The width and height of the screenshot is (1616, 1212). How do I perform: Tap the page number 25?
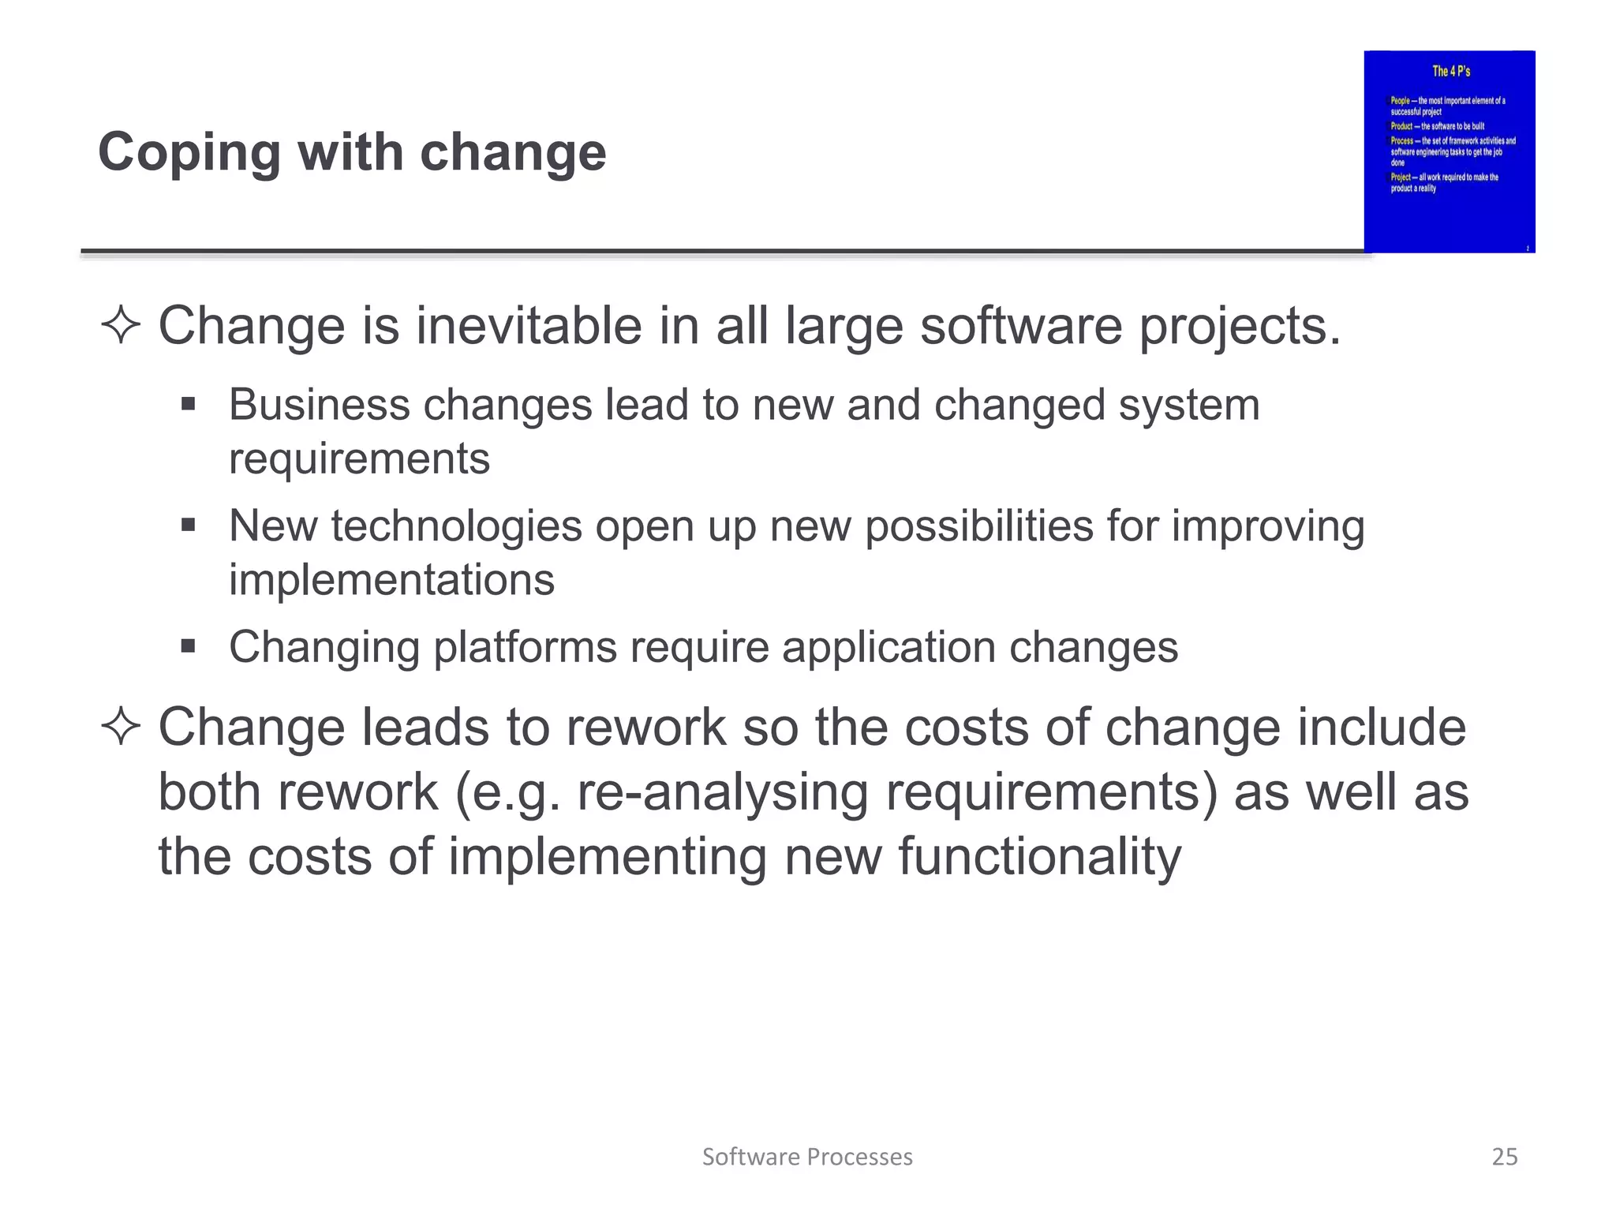pyautogui.click(x=1504, y=1157)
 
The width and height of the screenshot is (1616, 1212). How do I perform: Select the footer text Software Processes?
pyautogui.click(x=807, y=1157)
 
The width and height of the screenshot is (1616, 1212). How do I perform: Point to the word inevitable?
pyautogui.click(x=529, y=325)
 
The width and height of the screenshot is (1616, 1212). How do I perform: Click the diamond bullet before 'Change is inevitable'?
pyautogui.click(x=121, y=325)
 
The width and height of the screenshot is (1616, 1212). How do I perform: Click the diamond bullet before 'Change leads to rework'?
pyautogui.click(x=121, y=726)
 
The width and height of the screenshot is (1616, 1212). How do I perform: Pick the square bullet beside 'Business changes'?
pyautogui.click(x=188, y=405)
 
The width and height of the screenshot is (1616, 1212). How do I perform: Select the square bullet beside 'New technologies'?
pyautogui.click(x=188, y=526)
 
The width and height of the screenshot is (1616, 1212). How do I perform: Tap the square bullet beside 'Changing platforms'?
pyautogui.click(x=188, y=647)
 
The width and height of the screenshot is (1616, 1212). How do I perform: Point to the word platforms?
pyautogui.click(x=525, y=648)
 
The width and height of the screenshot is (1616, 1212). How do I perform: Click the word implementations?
pyautogui.click(x=391, y=580)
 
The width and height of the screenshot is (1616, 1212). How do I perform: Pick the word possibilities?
pyautogui.click(x=978, y=526)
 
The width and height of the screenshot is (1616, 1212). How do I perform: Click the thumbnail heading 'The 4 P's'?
pyautogui.click(x=1451, y=72)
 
